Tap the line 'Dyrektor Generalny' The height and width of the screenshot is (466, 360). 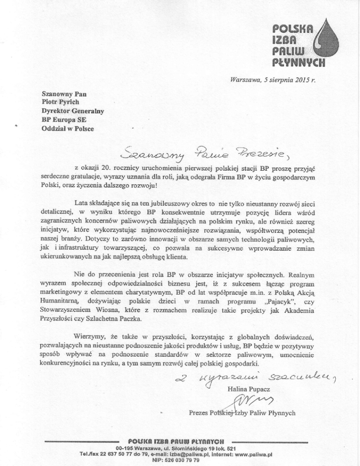pos(69,111)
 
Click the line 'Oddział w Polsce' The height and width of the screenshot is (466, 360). pos(65,128)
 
